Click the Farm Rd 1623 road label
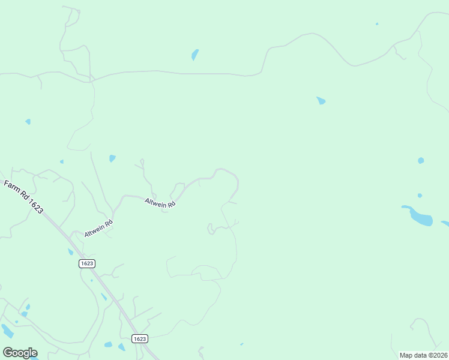tap(23, 197)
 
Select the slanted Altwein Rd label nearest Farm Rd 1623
tap(98, 229)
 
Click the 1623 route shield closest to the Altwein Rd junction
tap(87, 263)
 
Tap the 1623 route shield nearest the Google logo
tap(139, 338)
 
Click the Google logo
tap(20, 352)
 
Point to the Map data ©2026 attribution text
tap(423, 355)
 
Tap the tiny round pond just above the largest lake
tap(420, 196)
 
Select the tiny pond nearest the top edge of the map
tap(377, 24)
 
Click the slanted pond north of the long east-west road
tap(194, 55)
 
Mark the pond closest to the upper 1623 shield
tap(70, 252)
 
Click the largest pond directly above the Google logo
tap(7, 331)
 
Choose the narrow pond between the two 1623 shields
tap(104, 296)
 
